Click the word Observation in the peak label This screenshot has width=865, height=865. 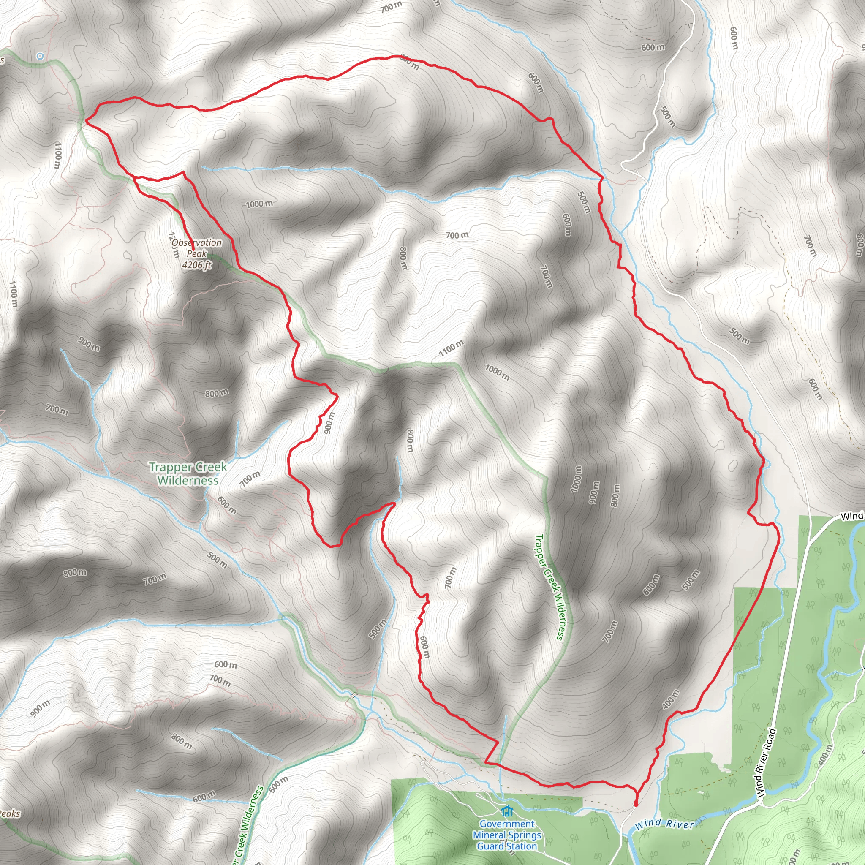coord(196,243)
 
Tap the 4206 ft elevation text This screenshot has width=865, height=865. coord(196,265)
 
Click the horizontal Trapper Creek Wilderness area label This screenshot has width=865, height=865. coord(188,474)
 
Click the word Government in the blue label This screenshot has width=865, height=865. coord(507,824)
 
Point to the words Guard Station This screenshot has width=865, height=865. coord(507,846)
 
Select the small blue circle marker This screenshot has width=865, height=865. coord(40,56)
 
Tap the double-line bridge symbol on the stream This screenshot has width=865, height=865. coord(353,695)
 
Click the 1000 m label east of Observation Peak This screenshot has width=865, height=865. coord(259,204)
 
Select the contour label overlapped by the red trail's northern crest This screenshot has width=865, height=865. coord(409,62)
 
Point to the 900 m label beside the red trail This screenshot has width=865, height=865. coord(329,423)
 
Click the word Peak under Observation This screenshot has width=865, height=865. coord(196,254)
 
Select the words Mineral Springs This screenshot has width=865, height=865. coord(507,835)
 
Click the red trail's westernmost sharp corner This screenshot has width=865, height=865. coord(86,120)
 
